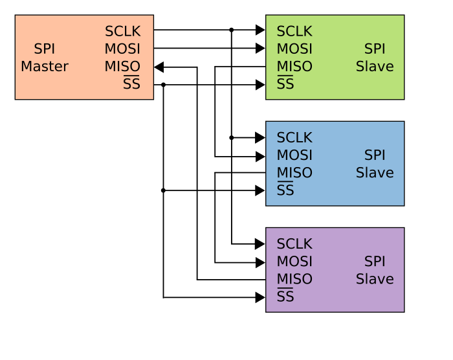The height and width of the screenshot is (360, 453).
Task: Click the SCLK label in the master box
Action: pyautogui.click(x=122, y=31)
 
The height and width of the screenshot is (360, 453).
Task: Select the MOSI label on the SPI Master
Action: pyautogui.click(x=122, y=49)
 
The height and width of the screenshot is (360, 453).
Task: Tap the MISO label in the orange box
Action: pyautogui.click(x=122, y=67)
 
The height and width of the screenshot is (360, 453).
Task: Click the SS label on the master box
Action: pyautogui.click(x=131, y=84)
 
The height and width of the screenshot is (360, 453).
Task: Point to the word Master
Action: pyautogui.click(x=45, y=67)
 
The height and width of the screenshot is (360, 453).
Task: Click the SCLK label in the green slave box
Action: pyautogui.click(x=294, y=31)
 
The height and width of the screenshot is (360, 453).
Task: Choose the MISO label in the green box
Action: pyautogui.click(x=294, y=67)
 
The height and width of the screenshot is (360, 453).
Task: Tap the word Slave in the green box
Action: pyautogui.click(x=375, y=67)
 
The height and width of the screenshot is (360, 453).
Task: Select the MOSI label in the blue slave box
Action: pyautogui.click(x=294, y=155)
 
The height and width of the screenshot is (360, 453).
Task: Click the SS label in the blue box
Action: pyautogui.click(x=285, y=190)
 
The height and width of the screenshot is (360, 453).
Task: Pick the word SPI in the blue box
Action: pyautogui.click(x=375, y=155)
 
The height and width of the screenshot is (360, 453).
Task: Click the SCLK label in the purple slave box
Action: pyautogui.click(x=294, y=244)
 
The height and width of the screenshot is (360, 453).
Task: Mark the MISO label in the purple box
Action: pyautogui.click(x=294, y=279)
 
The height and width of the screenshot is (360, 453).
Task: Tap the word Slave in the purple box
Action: pyautogui.click(x=375, y=279)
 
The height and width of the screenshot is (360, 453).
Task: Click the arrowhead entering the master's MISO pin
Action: pyautogui.click(x=159, y=67)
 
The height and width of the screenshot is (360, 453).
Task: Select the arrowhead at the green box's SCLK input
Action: pyautogui.click(x=260, y=30)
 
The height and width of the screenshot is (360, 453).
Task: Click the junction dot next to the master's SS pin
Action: pyautogui.click(x=164, y=85)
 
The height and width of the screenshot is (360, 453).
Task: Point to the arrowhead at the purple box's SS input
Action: pyautogui.click(x=260, y=297)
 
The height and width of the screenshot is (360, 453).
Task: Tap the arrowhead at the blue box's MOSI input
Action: pyautogui.click(x=260, y=157)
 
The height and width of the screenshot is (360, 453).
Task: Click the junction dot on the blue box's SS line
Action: pyautogui.click(x=163, y=190)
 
